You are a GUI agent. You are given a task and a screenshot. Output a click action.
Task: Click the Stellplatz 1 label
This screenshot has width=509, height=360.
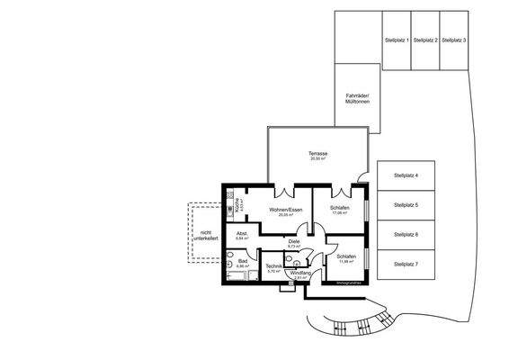pyautogui.click(x=397, y=40)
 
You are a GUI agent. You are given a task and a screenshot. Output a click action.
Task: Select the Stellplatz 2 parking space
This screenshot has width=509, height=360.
pyautogui.click(x=424, y=40)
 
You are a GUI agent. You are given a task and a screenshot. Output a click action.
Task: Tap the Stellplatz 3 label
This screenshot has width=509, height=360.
pyautogui.click(x=452, y=40)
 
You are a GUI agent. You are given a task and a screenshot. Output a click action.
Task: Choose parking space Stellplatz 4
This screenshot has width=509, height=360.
pyautogui.click(x=406, y=175)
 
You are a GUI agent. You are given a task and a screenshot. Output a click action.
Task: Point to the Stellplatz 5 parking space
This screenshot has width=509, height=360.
pyautogui.click(x=406, y=205)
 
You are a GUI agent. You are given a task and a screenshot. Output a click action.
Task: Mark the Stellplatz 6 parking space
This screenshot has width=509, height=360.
pyautogui.click(x=406, y=234)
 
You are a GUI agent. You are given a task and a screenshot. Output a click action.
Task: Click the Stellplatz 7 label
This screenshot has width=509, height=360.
pyautogui.click(x=406, y=264)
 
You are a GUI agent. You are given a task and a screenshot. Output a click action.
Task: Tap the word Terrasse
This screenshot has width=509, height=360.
pyautogui.click(x=317, y=154)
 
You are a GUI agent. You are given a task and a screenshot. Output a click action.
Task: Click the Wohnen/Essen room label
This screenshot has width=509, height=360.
pyautogui.click(x=285, y=210)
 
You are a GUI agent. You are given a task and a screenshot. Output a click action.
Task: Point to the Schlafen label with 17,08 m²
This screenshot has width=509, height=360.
pyautogui.click(x=339, y=209)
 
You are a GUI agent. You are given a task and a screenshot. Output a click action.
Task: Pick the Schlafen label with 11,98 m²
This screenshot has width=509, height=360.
pyautogui.click(x=346, y=257)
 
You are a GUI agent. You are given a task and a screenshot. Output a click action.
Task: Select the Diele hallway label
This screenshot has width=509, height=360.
pyautogui.click(x=293, y=241)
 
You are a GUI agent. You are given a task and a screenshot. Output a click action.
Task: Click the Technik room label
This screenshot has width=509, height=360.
pyautogui.click(x=274, y=267)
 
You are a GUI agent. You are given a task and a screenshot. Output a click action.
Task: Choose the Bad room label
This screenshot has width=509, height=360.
pyautogui.click(x=242, y=262)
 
